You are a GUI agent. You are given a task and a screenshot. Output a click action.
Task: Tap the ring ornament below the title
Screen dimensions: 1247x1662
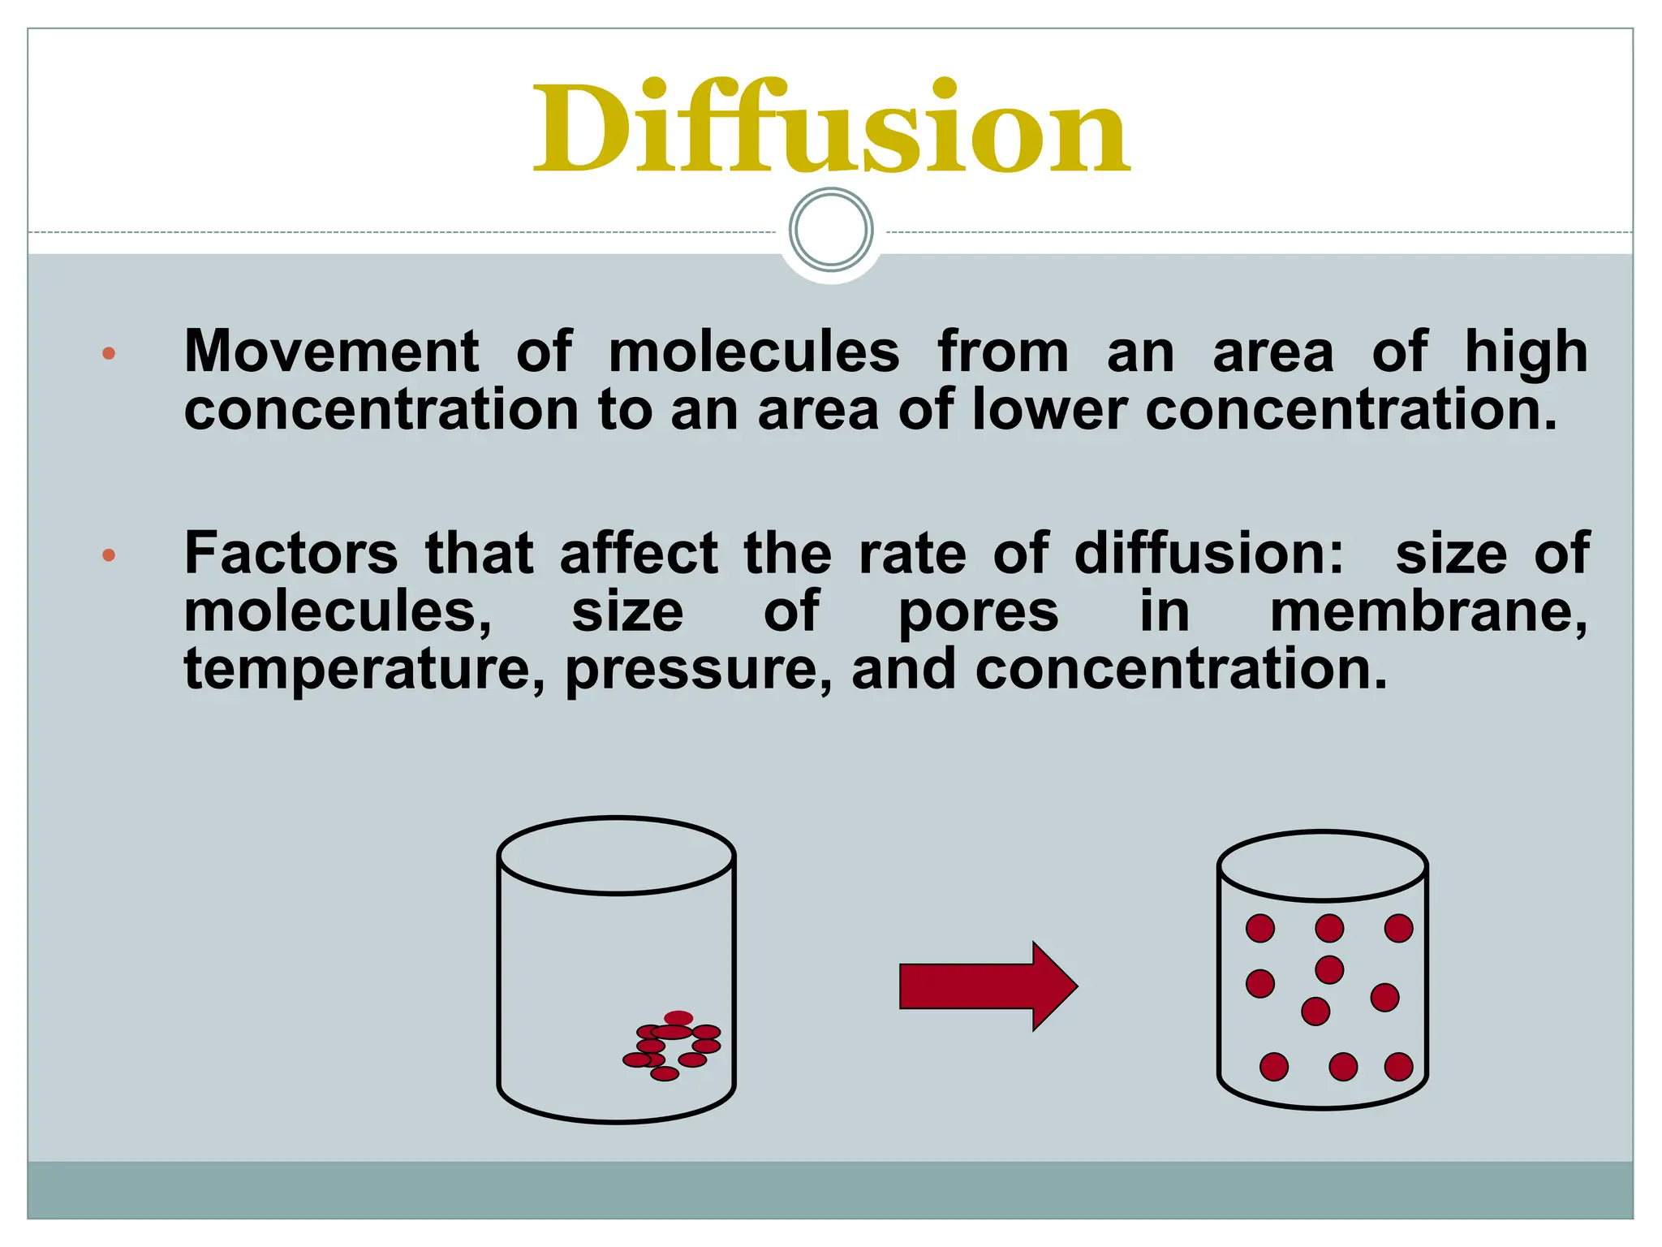pyautogui.click(x=831, y=230)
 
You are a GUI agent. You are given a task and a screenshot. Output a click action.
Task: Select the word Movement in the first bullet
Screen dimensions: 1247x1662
pyautogui.click(x=332, y=352)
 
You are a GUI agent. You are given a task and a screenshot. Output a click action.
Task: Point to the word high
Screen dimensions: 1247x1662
pyautogui.click(x=1526, y=352)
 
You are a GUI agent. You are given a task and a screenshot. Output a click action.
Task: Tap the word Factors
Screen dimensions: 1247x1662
pyautogui.click(x=291, y=554)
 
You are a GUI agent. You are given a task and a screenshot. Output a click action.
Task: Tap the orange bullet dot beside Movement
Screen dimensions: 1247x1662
pyautogui.click(x=109, y=353)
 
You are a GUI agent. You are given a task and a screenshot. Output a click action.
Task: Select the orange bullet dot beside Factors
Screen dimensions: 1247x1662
pyautogui.click(x=109, y=556)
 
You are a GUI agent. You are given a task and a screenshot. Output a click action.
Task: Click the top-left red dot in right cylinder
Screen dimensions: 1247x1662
pyautogui.click(x=1260, y=928)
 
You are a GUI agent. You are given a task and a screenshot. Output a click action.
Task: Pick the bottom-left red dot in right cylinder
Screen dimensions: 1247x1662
pyautogui.click(x=1274, y=1067)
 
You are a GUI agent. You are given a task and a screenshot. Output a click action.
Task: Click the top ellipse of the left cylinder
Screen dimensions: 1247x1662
pyautogui.click(x=617, y=856)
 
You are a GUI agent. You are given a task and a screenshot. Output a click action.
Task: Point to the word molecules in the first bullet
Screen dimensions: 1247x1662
pyautogui.click(x=754, y=352)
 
